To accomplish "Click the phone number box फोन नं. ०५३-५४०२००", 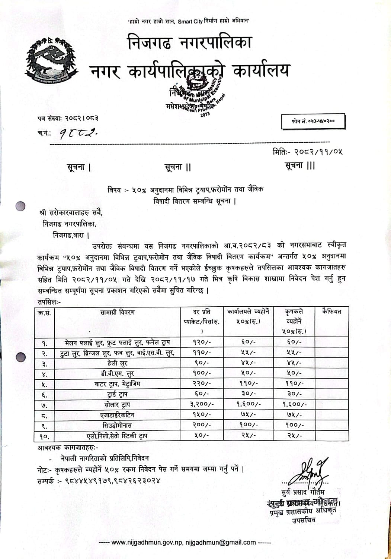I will coord(313,121).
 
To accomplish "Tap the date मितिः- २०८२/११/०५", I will coord(307,152).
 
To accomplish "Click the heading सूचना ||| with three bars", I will coord(299,165).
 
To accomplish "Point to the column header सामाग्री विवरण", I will coord(118,312).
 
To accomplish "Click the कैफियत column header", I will coord(331,312).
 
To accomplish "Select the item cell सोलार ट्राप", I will coord(117,404).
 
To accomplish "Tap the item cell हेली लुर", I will coord(117,363).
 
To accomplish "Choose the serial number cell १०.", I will coord(44,436).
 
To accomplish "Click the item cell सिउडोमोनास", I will coord(117,425).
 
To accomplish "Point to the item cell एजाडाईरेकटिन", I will coord(117,415).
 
